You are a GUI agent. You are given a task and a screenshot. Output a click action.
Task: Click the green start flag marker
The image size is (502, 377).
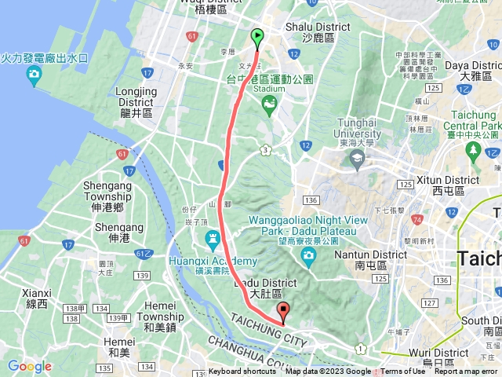click(257, 36)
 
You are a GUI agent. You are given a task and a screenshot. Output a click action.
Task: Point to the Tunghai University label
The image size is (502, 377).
click(358, 128)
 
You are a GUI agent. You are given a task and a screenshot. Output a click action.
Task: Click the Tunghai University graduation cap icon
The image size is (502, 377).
click(358, 159)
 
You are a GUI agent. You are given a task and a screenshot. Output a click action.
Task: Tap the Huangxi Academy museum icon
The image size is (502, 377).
click(212, 238)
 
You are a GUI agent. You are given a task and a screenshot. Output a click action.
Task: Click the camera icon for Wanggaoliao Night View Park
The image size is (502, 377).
click(308, 255)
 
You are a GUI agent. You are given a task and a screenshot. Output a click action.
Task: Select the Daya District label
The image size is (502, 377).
click(467, 71)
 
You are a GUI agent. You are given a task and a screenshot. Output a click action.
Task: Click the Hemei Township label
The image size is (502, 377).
click(160, 311)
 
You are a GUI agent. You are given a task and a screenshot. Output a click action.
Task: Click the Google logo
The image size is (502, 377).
click(29, 367)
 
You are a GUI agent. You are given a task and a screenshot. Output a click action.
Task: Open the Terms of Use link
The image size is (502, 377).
click(403, 372)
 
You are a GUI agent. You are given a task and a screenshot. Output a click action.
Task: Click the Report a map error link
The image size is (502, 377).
click(467, 372)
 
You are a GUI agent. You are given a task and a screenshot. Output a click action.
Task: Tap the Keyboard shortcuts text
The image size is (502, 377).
click(242, 372)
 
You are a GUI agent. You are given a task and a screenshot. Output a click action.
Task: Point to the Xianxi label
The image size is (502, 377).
click(36, 298)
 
